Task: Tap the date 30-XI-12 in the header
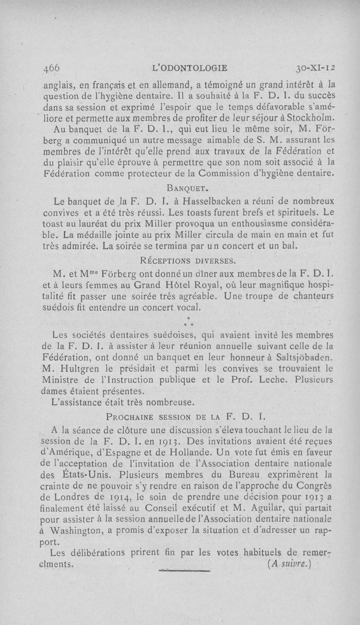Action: [x=318, y=68]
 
